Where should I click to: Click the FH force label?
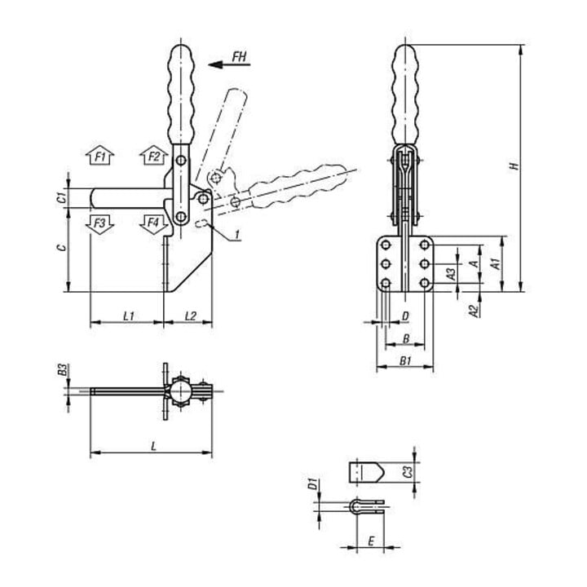(239, 57)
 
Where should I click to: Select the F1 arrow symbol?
(99, 156)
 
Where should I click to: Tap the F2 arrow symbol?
(153, 156)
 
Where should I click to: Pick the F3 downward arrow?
(99, 225)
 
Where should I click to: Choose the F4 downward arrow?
(153, 225)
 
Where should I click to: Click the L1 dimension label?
(129, 316)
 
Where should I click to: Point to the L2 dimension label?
(191, 316)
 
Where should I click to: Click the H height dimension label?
(515, 165)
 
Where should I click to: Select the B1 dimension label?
(405, 361)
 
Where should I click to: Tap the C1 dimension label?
(63, 196)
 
